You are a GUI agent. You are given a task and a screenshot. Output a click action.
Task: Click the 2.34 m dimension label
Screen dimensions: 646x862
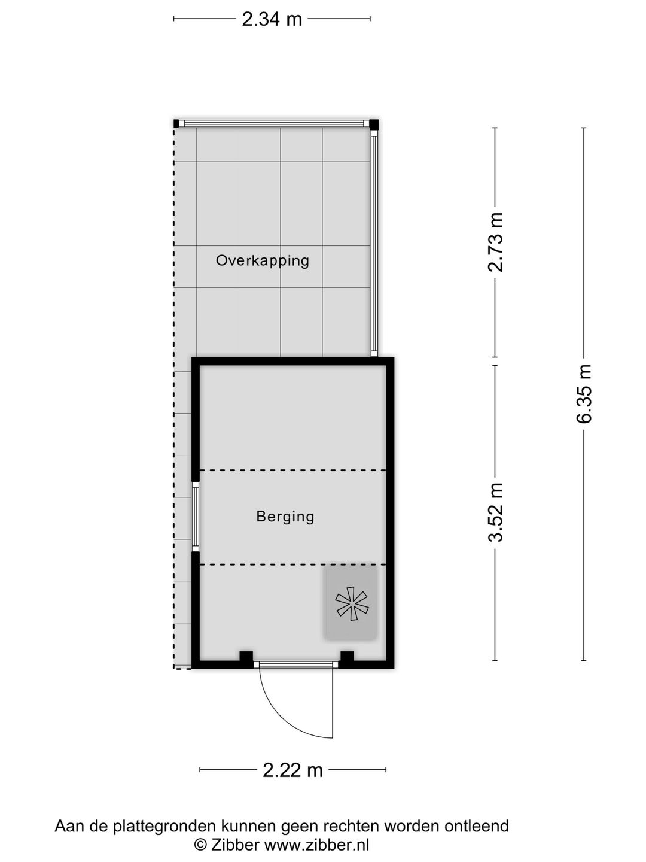tap(272, 19)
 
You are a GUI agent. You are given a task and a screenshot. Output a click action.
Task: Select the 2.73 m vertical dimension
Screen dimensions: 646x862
tap(495, 242)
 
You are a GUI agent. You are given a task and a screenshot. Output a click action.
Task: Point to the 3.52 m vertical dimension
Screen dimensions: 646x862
tap(495, 512)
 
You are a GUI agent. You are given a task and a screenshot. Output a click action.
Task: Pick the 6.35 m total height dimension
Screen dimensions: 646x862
tap(584, 393)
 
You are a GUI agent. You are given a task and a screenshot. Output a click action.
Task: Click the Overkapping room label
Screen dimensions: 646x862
tap(263, 261)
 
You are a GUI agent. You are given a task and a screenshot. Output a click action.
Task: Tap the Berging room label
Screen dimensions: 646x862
tap(285, 517)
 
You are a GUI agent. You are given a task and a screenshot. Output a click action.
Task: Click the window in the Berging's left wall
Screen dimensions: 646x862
tap(195, 517)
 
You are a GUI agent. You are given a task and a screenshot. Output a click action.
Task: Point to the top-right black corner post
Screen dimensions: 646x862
tap(374, 124)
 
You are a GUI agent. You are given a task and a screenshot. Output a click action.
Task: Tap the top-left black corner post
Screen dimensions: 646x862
tap(176, 123)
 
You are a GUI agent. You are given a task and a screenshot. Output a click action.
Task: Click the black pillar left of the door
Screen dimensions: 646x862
tap(246, 658)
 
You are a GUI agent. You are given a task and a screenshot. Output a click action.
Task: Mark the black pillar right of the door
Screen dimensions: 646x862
tap(347, 658)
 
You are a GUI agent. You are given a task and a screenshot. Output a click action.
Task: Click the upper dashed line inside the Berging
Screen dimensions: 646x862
tap(292, 470)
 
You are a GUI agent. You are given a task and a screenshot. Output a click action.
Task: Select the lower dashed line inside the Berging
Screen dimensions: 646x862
tap(292, 564)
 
